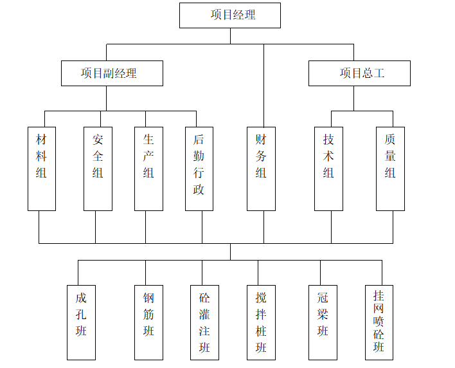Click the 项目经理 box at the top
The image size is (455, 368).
tap(229, 15)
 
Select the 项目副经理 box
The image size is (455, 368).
tap(112, 73)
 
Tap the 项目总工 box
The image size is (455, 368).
tap(359, 73)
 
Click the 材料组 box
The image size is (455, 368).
tap(42, 169)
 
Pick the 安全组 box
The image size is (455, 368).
tap(98, 169)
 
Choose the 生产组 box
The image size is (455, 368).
tap(148, 169)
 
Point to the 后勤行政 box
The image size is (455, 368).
tap(199, 169)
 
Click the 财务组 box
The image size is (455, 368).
tap(261, 169)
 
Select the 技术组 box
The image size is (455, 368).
tap(328, 169)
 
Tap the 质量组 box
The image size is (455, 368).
tap(390, 169)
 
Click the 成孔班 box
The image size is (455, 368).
tap(81, 322)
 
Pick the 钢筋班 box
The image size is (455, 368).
tap(148, 322)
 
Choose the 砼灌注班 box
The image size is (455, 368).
tap(204, 322)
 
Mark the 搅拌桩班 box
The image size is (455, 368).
tap(261, 322)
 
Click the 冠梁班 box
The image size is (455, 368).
tap(323, 322)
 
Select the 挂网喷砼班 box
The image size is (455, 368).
tap(379, 322)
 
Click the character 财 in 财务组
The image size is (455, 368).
tap(261, 139)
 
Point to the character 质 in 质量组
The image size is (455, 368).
tap(390, 139)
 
